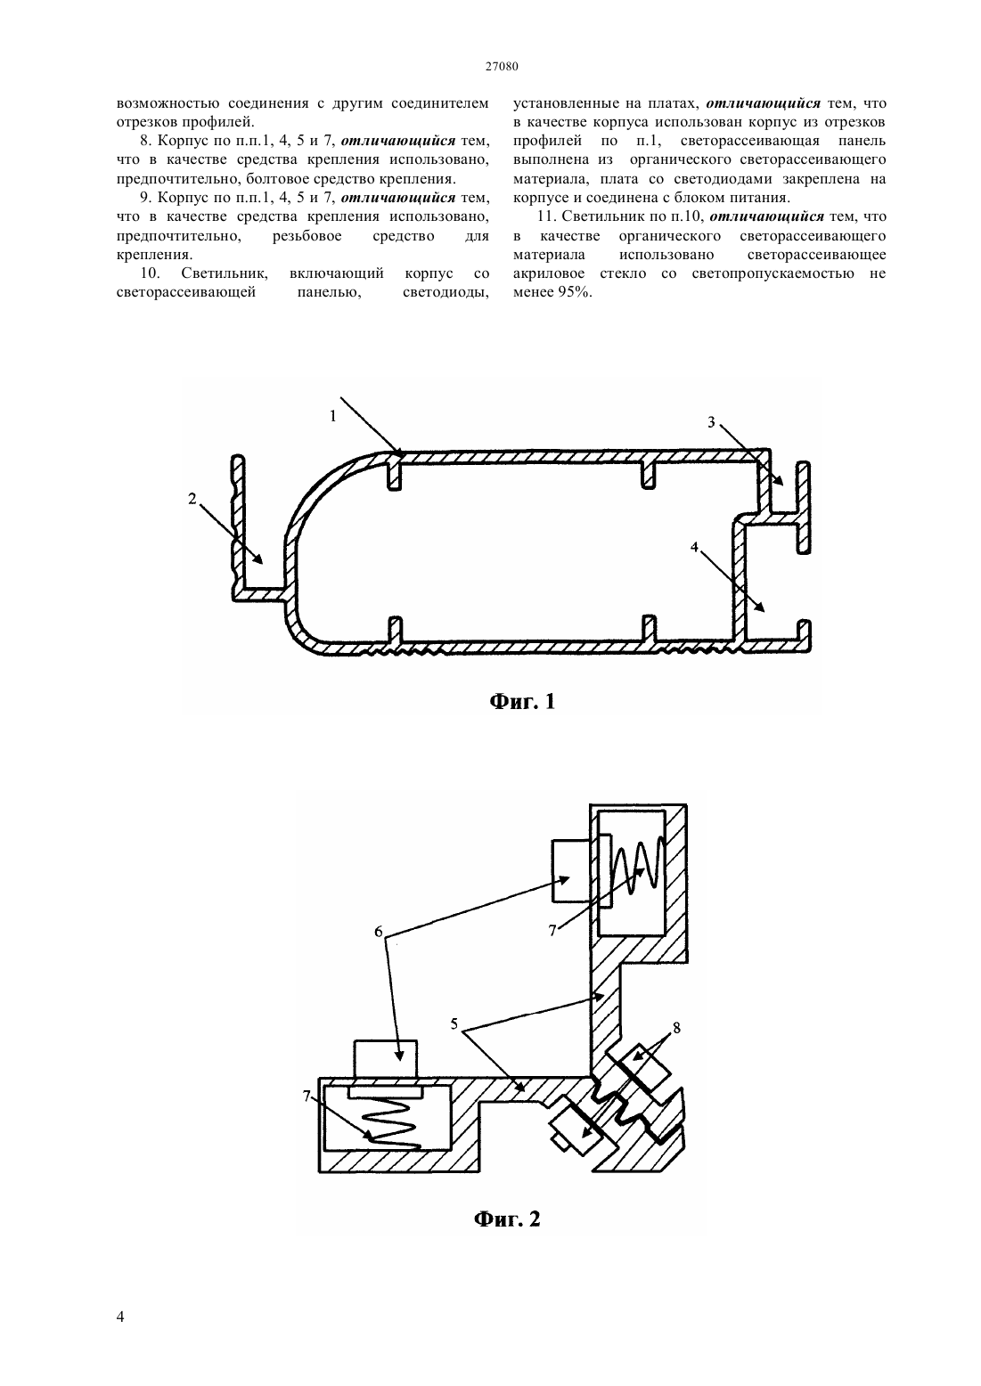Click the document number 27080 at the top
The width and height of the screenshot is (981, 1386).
click(502, 67)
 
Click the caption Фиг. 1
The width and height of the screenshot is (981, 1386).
click(522, 702)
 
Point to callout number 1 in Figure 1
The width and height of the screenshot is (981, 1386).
click(333, 416)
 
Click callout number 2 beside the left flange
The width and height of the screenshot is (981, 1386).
click(192, 498)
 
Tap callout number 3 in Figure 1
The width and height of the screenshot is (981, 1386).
click(711, 422)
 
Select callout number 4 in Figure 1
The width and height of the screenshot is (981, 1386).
click(694, 547)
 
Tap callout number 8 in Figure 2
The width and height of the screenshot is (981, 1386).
click(676, 1028)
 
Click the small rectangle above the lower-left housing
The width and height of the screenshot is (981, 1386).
click(386, 1058)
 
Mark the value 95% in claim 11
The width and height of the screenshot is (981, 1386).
click(575, 292)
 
